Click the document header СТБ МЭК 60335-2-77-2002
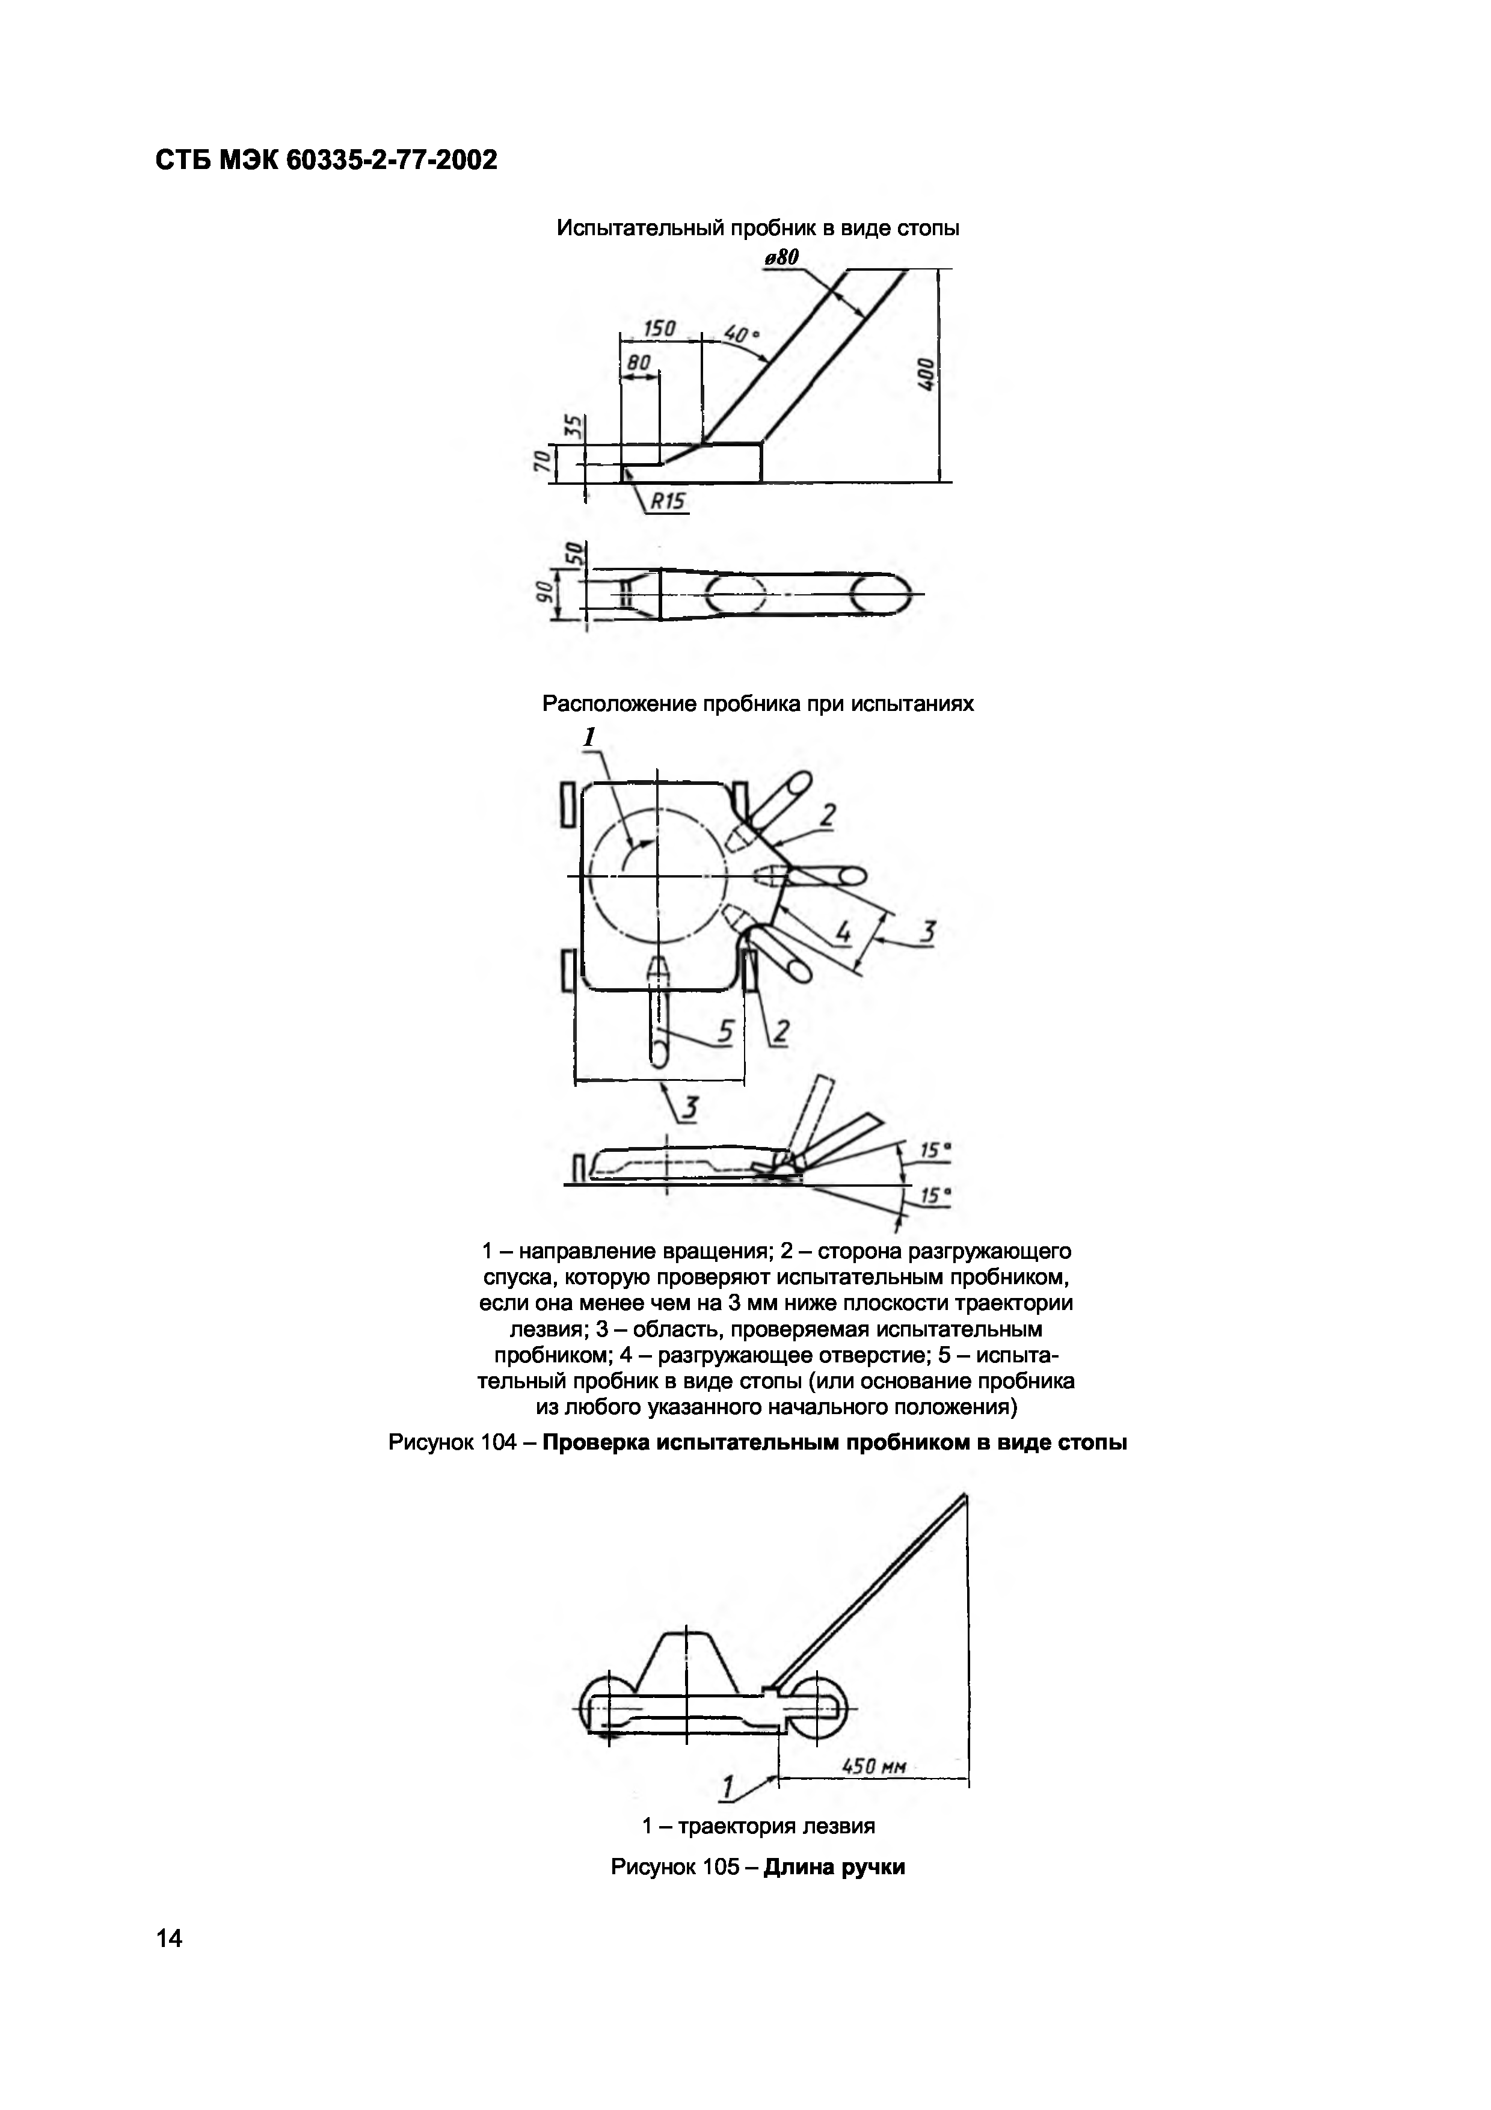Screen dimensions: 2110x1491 click(x=326, y=161)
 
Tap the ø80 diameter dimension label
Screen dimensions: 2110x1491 click(x=780, y=258)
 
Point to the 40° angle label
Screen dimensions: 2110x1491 click(x=742, y=332)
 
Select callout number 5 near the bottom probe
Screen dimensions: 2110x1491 click(x=725, y=1032)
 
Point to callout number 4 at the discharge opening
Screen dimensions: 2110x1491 click(x=843, y=933)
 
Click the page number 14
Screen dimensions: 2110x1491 click(x=170, y=1937)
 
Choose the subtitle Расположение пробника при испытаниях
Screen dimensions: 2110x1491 click(x=758, y=704)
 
